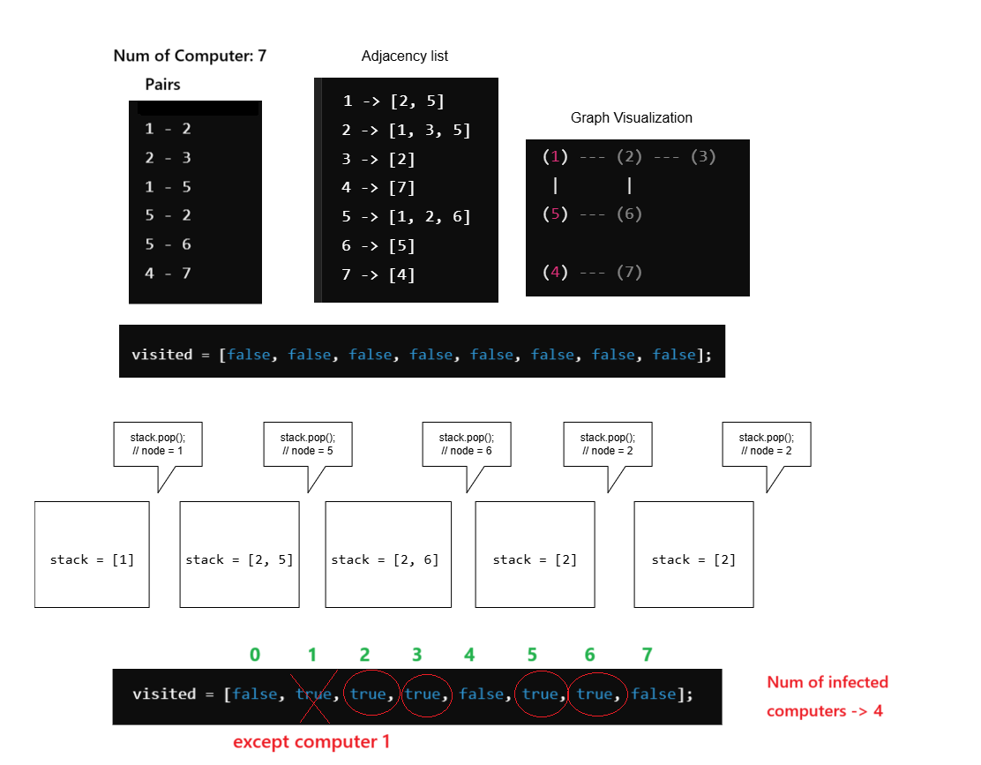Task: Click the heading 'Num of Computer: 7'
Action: pos(190,56)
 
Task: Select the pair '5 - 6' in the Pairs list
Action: pos(168,244)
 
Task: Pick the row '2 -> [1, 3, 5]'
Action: pos(406,131)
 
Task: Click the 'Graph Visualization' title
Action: pos(631,117)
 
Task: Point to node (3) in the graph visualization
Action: pos(703,157)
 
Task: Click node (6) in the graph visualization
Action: pos(629,214)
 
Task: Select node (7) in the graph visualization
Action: pos(629,272)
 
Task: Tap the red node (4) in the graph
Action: pos(556,272)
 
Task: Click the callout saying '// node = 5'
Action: pos(307,444)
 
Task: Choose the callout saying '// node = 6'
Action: pos(466,444)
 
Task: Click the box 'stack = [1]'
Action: pos(92,559)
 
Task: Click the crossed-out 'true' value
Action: pos(313,694)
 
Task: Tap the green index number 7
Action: pos(647,655)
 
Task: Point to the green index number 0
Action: pos(255,655)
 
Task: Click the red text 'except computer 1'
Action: pos(311,742)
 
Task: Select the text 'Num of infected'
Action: pos(827,682)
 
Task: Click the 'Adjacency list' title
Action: pos(404,56)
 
